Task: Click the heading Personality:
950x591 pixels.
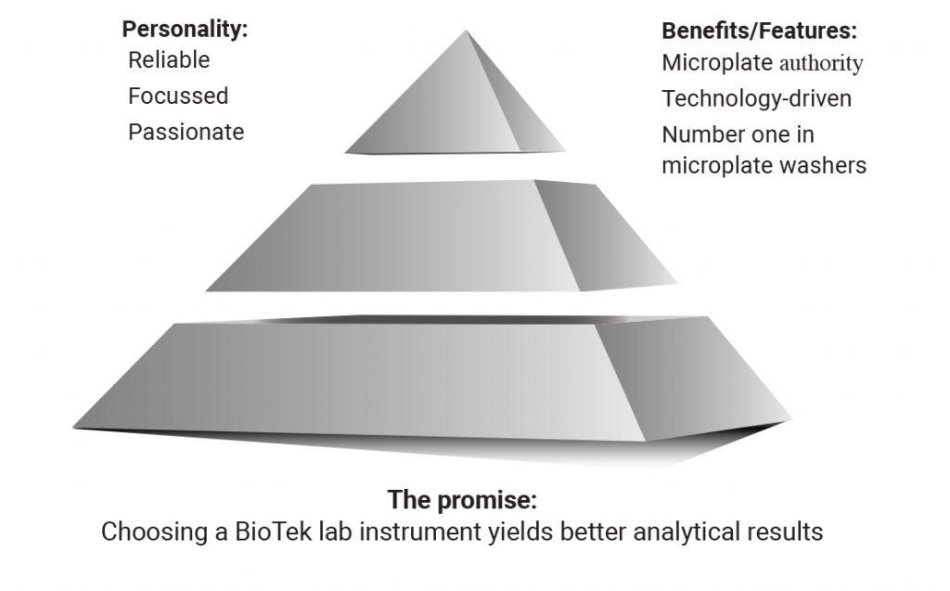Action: [x=185, y=29]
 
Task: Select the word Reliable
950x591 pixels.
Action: [x=169, y=60]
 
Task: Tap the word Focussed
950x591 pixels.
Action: [x=178, y=96]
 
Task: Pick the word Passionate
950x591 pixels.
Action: [x=186, y=132]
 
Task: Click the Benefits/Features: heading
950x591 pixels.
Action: [x=759, y=31]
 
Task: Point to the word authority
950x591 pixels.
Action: [x=821, y=64]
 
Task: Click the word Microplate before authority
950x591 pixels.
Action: [x=717, y=62]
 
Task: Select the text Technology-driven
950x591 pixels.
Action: [x=757, y=98]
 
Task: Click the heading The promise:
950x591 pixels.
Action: [x=462, y=499]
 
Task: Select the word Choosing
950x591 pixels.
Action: [x=155, y=532]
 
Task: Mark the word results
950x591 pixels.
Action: [x=785, y=532]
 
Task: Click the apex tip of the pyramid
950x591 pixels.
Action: [x=466, y=31]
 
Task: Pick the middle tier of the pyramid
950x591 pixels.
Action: [x=441, y=236]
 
